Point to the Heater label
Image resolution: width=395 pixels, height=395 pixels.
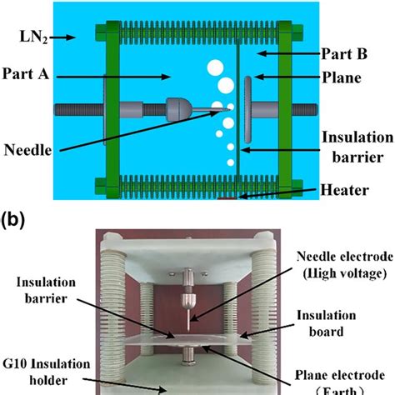pyautogui.click(x=342, y=191)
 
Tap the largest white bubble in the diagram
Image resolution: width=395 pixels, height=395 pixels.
pyautogui.click(x=214, y=67)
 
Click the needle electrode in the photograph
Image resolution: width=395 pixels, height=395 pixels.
pyautogui.click(x=190, y=308)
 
